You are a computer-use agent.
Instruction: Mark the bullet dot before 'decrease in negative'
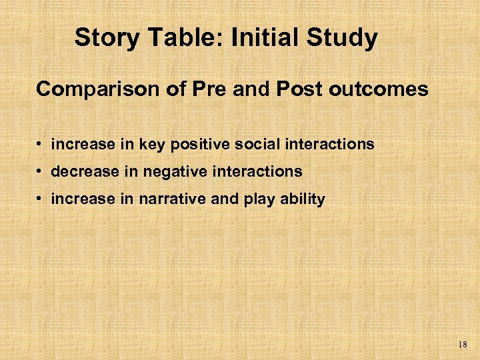tap(41, 172)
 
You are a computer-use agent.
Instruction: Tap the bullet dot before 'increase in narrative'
tap(41, 199)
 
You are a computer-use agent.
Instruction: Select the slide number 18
tap(463, 345)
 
